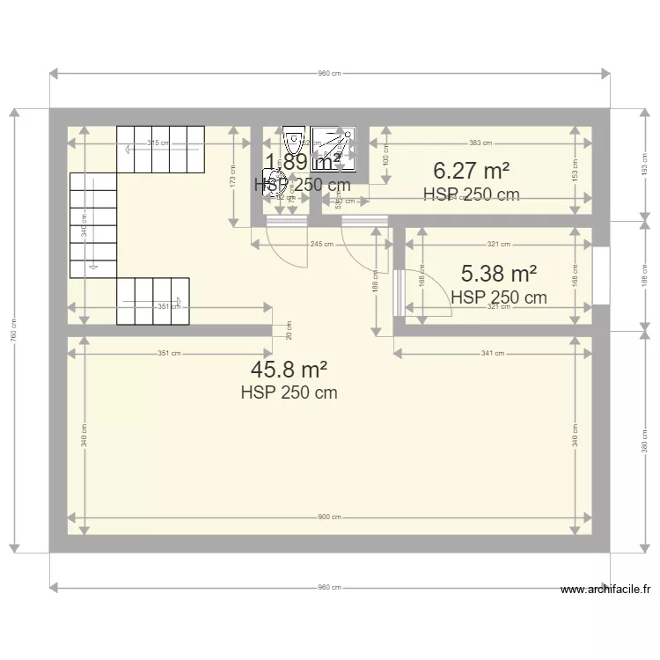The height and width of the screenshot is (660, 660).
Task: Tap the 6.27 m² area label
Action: [471, 170]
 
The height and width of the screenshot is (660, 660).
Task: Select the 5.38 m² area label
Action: [499, 275]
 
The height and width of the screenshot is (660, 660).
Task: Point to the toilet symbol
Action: [291, 139]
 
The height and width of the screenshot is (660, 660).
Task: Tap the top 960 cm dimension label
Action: [330, 74]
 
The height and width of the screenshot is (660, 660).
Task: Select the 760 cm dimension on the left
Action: [14, 330]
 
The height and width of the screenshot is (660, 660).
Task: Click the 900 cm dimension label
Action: [330, 517]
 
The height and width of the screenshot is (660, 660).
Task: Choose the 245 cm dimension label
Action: [321, 244]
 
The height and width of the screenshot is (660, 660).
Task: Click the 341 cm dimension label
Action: [493, 354]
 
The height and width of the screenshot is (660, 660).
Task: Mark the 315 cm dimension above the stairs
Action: [158, 143]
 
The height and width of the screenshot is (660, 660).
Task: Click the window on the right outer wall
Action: [601, 275]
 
